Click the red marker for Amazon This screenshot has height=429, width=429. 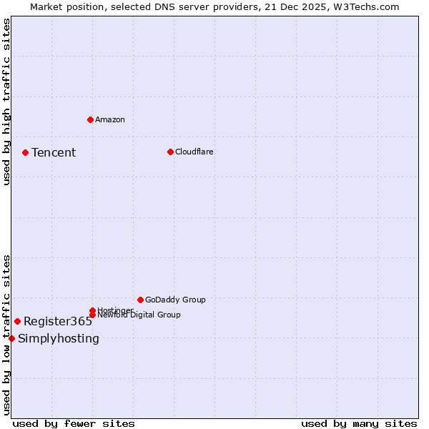click(x=90, y=119)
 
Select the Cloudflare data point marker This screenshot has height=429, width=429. click(x=170, y=152)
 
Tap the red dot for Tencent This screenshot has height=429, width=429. click(x=25, y=152)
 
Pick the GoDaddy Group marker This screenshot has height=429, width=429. click(x=140, y=300)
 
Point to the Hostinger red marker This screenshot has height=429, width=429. click(x=92, y=310)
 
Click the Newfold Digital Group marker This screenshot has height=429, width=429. click(x=92, y=315)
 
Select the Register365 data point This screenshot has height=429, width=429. click(x=17, y=321)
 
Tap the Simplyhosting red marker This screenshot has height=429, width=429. click(x=11, y=338)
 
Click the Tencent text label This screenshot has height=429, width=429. click(x=54, y=152)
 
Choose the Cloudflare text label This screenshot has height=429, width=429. click(x=194, y=152)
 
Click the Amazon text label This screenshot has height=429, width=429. click(x=109, y=119)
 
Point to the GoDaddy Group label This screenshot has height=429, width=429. click(x=175, y=300)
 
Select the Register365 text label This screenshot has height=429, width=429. click(x=57, y=321)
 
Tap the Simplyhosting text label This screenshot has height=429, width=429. click(x=59, y=338)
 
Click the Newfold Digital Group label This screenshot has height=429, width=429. click(x=139, y=315)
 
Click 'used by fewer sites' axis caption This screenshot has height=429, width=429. click(x=74, y=423)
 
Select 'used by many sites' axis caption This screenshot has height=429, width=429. click(x=359, y=423)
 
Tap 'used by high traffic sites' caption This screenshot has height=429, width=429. click(x=6, y=102)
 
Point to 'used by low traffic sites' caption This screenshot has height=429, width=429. click(x=6, y=334)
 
